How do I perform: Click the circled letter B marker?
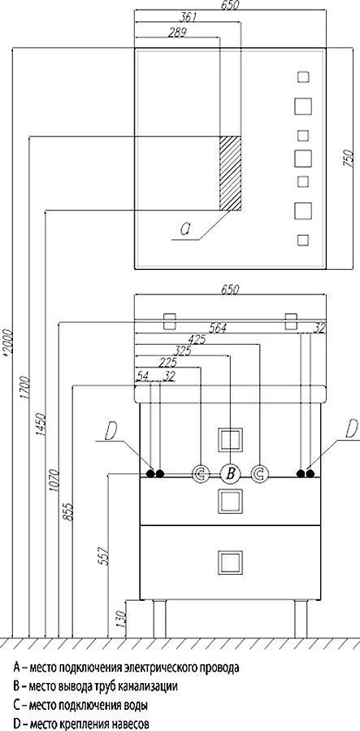pyautogui.click(x=230, y=474)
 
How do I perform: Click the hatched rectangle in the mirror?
pyautogui.click(x=231, y=173)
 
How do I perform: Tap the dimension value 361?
pyautogui.click(x=189, y=17)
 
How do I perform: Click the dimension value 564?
pyautogui.click(x=218, y=329)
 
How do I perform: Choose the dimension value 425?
pyautogui.click(x=198, y=339)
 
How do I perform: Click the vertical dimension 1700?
pyautogui.click(x=25, y=387)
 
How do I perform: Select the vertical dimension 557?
pyautogui.click(x=106, y=555)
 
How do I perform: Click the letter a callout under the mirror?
pyautogui.click(x=185, y=228)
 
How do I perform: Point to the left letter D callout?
pyautogui.click(x=111, y=432)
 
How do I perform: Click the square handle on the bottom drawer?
pyautogui.click(x=230, y=562)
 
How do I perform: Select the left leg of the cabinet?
pyautogui.click(x=159, y=618)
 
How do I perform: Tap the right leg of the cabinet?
pyautogui.click(x=301, y=618)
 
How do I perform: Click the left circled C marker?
pyautogui.click(x=200, y=474)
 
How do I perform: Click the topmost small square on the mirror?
pyautogui.click(x=303, y=77)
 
